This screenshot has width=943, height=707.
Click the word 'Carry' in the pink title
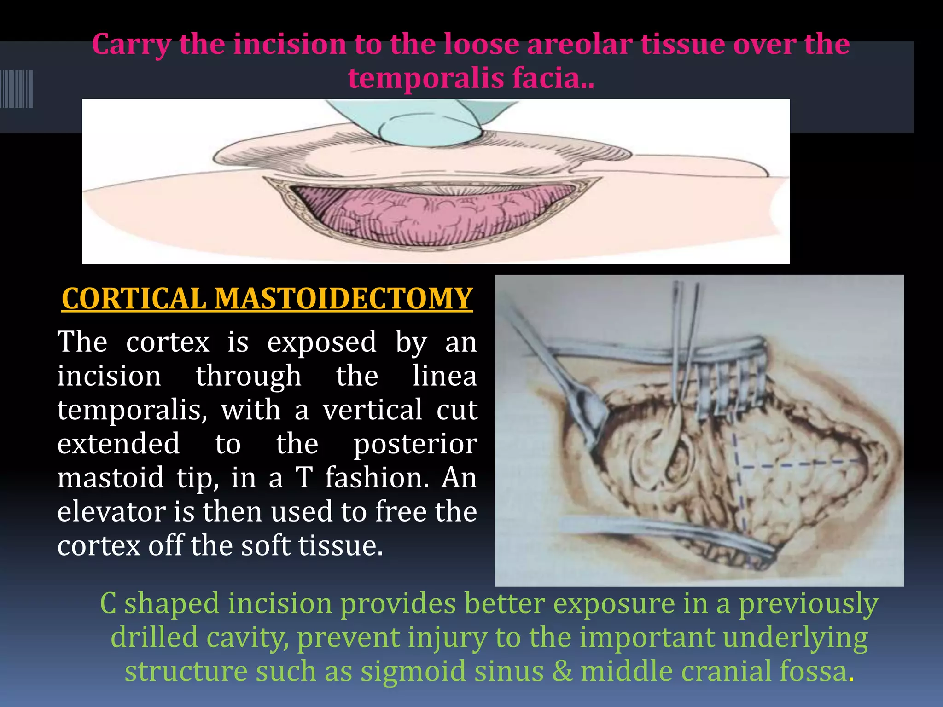point(131,45)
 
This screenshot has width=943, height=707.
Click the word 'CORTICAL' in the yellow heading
point(134,299)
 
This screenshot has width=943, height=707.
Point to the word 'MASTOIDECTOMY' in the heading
point(343,299)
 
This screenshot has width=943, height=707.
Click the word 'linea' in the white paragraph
point(444,376)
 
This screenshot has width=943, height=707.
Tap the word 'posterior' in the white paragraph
point(415,444)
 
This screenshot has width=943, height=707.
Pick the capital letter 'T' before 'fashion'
point(304,478)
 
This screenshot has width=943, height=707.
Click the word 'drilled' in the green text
point(154,637)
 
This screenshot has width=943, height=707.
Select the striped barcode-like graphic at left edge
point(17,89)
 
